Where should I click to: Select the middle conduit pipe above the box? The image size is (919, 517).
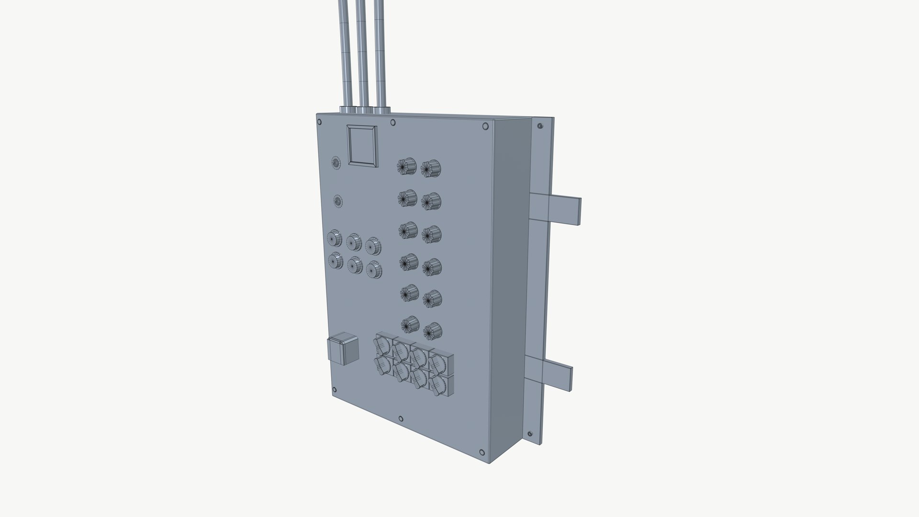362,53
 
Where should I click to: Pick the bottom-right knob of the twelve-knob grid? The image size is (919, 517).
432,330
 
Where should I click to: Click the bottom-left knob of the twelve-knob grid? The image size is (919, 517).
410,325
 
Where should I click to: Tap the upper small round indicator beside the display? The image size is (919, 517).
336,163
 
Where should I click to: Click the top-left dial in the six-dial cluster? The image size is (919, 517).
335,237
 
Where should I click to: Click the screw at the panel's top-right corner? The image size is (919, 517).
485,126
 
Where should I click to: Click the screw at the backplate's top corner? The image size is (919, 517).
540,126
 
